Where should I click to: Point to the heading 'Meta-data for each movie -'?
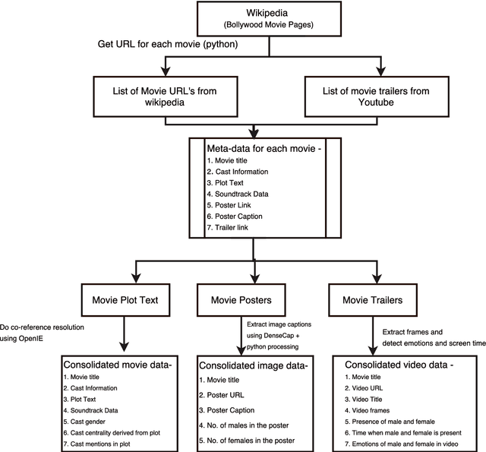click(265, 147)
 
